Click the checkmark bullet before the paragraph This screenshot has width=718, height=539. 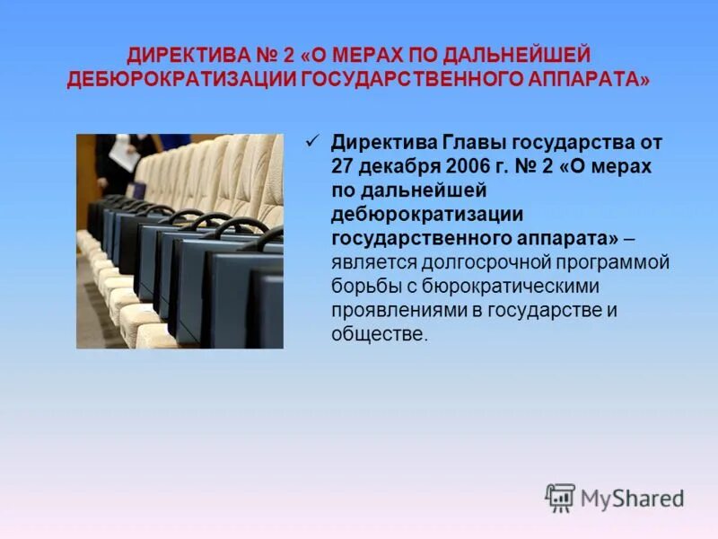313,139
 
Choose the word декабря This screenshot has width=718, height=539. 401,166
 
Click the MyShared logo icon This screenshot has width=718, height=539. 560,497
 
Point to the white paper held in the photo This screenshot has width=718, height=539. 125,158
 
